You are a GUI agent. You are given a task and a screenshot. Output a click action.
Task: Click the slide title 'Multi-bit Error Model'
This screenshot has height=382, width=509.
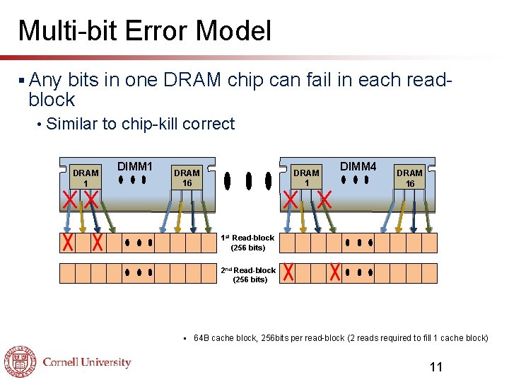click(x=144, y=31)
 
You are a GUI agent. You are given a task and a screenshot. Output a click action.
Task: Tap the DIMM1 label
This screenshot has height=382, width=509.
click(x=135, y=166)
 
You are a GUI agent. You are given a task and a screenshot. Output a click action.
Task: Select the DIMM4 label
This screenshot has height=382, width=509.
click(x=358, y=166)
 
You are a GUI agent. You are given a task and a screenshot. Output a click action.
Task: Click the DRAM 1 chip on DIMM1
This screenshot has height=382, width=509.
click(x=86, y=178)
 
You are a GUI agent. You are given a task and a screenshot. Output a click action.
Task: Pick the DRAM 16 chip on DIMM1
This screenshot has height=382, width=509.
click(x=187, y=178)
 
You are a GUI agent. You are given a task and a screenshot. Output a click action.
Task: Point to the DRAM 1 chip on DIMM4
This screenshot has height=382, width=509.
click(x=306, y=178)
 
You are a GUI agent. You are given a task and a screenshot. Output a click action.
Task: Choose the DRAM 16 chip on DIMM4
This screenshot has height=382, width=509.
click(x=409, y=178)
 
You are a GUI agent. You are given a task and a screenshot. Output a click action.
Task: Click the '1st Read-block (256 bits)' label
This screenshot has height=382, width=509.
click(x=248, y=243)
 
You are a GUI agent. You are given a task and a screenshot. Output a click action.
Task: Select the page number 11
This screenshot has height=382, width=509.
click(x=436, y=366)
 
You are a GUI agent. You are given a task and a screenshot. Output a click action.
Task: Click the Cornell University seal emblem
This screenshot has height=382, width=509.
click(x=20, y=362)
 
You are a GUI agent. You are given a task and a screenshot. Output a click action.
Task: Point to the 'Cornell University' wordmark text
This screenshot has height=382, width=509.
click(x=87, y=362)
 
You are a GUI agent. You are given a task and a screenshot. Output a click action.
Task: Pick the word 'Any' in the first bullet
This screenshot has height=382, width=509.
click(x=46, y=79)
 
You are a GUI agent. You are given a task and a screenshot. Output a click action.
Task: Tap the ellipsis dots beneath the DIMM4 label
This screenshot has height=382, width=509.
click(x=358, y=180)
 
